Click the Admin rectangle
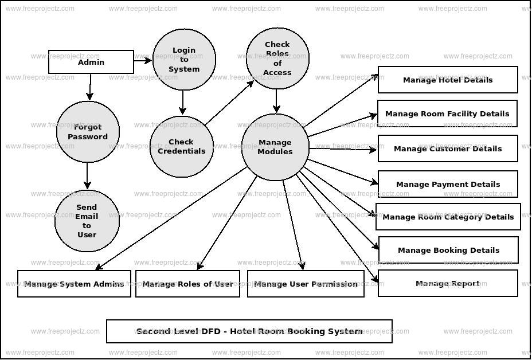click(x=91, y=62)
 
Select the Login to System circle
click(x=184, y=60)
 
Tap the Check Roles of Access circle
click(x=277, y=58)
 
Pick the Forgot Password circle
click(x=88, y=132)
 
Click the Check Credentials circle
click(x=182, y=146)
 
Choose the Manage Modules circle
click(x=275, y=147)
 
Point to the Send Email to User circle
click(x=87, y=221)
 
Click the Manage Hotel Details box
click(x=448, y=80)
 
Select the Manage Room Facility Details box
click(x=447, y=114)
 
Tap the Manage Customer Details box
click(x=448, y=148)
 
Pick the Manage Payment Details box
click(x=448, y=184)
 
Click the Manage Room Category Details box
click(x=448, y=217)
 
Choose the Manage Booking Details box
click(x=448, y=250)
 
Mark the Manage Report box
click(x=448, y=283)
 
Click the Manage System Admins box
click(x=74, y=284)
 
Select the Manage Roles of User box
click(x=187, y=284)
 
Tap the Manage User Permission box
click(x=306, y=284)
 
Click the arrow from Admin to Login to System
click(x=143, y=61)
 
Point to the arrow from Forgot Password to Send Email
click(x=87, y=176)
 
